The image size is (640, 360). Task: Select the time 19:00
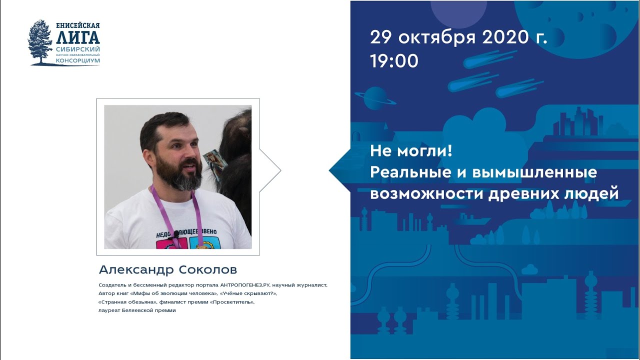(x=394, y=61)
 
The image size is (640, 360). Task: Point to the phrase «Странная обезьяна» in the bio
(x=127, y=302)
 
